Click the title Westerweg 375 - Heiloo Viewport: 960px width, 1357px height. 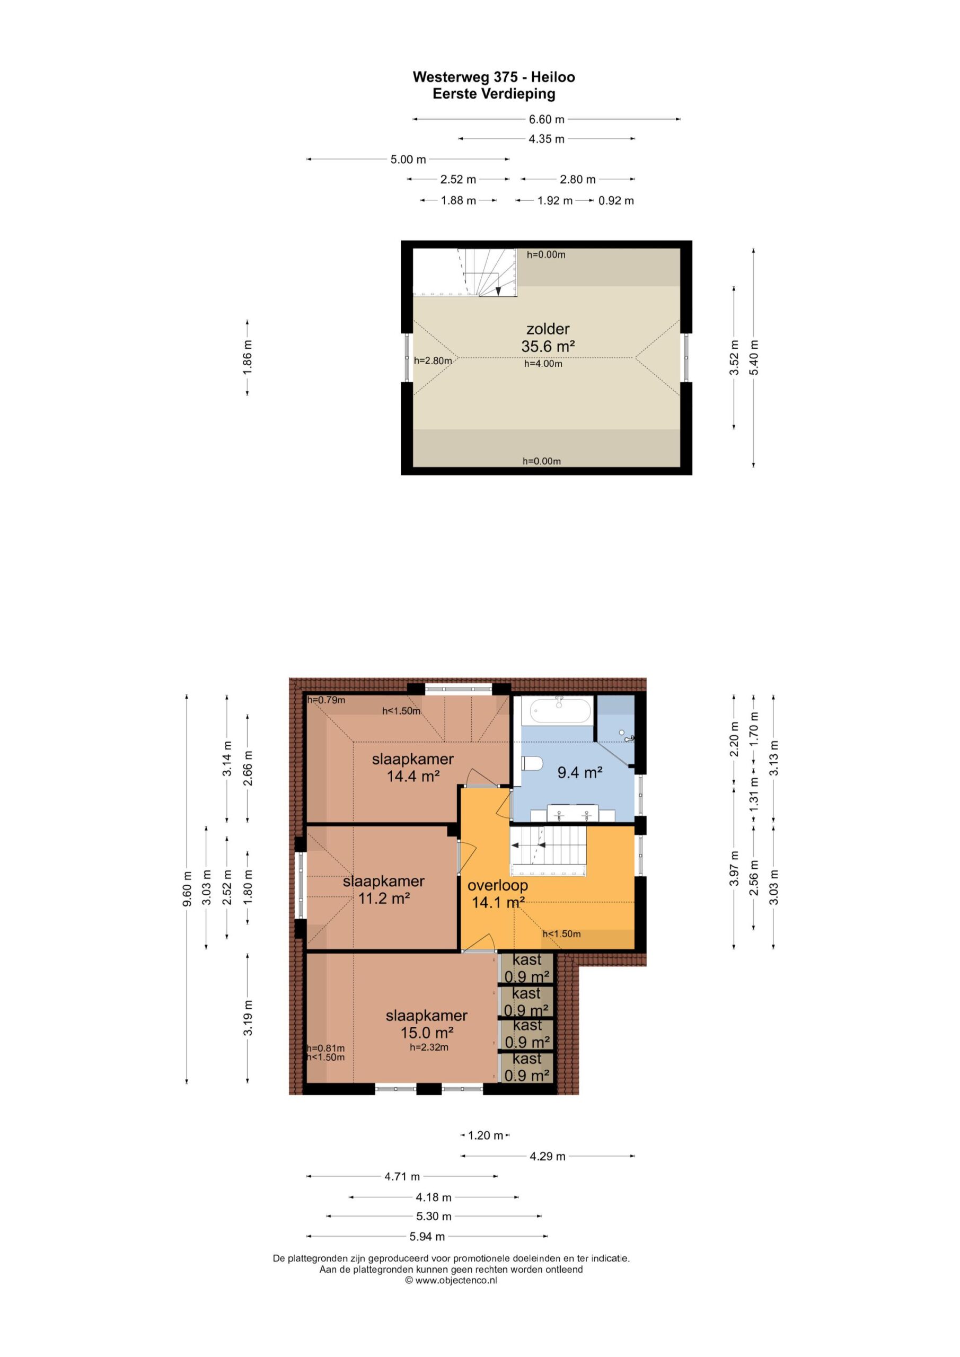tap(494, 77)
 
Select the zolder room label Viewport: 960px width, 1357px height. tap(548, 329)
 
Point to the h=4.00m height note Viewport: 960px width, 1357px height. tap(543, 364)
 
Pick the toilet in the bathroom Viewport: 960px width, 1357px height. tap(532, 764)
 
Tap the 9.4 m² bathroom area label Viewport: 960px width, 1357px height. tap(580, 772)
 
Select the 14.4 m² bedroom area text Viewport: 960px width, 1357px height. tap(412, 776)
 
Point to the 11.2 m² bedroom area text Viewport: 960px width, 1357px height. tap(384, 898)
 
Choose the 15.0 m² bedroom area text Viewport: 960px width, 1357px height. tap(427, 1033)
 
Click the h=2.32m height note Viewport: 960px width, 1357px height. tap(429, 1047)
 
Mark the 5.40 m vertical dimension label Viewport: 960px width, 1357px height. tap(754, 358)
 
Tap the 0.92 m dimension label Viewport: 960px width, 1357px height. tap(616, 201)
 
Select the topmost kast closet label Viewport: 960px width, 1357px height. tap(527, 959)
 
